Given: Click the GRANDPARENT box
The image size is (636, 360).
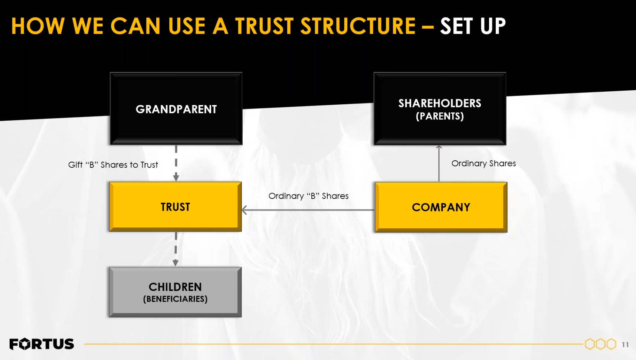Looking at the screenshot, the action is point(176,109).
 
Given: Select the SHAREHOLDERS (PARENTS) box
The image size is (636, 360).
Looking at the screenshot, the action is point(440,109).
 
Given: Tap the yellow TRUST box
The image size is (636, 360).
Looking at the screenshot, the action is point(176,207).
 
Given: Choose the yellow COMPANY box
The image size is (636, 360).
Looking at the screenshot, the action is point(441,207).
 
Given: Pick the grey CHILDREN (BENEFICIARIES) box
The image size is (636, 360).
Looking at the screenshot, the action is point(175,292).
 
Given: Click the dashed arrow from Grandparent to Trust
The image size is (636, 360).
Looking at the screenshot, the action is point(176,163).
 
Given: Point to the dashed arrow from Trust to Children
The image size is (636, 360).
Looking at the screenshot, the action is point(176,249).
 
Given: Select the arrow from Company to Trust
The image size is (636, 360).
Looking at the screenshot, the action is point(308,210).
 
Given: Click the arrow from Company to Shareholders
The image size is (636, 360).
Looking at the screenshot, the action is point(439,164).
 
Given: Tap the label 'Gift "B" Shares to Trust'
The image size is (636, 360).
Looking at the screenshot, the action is point(113,165).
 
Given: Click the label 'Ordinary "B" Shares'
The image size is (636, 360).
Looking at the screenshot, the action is point(308,196).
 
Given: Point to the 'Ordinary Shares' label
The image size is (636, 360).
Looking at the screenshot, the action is point(483,164).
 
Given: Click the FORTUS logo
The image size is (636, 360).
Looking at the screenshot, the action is point(42,344).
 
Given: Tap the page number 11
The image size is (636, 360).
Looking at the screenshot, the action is point(625,345).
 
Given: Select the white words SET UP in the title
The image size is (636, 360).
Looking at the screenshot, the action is point(473,26).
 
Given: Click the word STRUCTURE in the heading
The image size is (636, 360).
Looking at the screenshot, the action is point(358,26).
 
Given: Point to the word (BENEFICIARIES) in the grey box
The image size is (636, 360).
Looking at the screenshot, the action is point(175,299).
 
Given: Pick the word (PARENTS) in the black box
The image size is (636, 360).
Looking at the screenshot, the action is point(440,116).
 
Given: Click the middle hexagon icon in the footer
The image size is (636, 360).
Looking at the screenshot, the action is point(600,344).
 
